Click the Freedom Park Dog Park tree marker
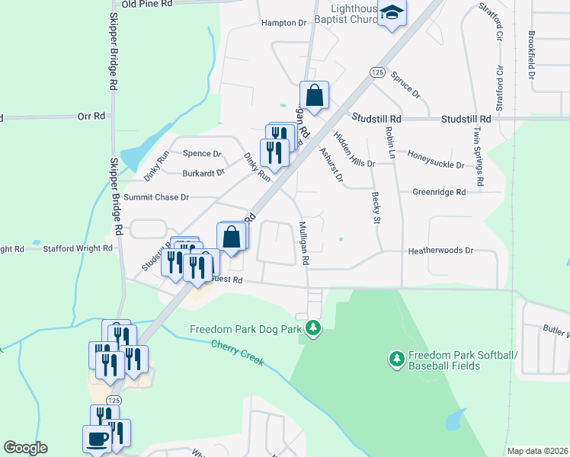312,329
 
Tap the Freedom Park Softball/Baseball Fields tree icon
395,358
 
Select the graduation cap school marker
392,14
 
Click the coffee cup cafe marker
97,439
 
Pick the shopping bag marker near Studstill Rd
314,96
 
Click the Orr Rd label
91,117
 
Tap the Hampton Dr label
283,23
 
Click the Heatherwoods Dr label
441,250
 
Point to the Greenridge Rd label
439,193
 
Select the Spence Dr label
202,153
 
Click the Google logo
25,448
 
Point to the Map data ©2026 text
537,451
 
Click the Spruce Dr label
405,85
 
